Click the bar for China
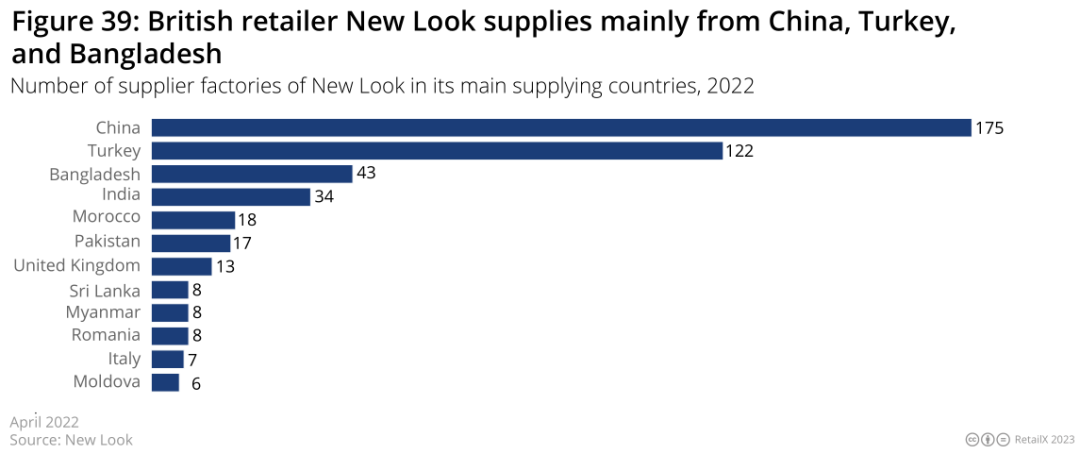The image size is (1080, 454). click(561, 128)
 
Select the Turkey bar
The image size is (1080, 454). click(437, 151)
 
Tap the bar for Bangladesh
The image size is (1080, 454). click(252, 174)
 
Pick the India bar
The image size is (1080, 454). click(231, 196)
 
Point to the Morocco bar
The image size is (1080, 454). click(193, 220)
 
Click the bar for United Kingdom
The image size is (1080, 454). click(181, 266)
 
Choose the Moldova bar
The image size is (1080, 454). click(165, 382)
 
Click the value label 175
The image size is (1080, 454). click(989, 129)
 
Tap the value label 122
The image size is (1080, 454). click(739, 152)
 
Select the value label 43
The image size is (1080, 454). click(366, 174)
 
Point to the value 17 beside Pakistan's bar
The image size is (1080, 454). click(242, 243)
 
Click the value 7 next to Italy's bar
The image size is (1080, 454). click(191, 359)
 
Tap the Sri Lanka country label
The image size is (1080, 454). click(105, 290)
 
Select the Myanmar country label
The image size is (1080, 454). click(104, 313)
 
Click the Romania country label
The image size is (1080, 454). click(106, 335)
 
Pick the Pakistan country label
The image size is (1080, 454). click(107, 242)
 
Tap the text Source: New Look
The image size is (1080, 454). click(71, 440)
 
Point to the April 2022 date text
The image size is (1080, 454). click(44, 423)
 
